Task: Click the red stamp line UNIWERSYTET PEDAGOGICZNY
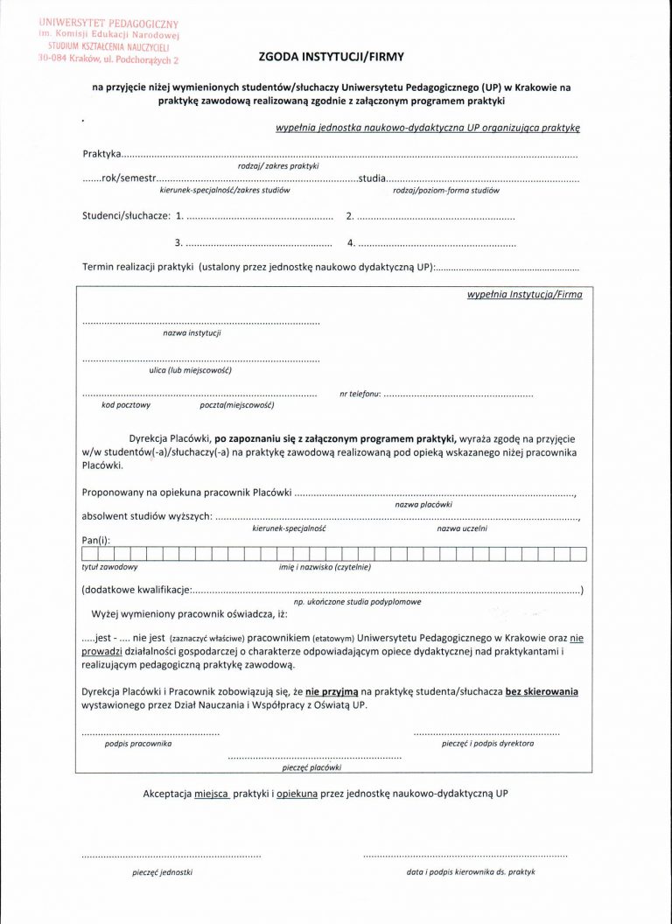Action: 103,17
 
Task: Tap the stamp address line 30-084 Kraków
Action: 104,61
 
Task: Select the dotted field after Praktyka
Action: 350,155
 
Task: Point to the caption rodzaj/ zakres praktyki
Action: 277,165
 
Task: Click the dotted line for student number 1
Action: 260,216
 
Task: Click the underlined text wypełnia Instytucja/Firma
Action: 524,296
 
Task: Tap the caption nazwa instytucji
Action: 192,333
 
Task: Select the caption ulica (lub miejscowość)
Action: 190,370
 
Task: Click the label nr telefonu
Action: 360,395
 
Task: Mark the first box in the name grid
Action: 89,553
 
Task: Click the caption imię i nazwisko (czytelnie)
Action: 325,568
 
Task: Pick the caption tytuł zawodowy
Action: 103,568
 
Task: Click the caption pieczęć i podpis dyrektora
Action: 488,743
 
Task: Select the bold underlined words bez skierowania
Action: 542,691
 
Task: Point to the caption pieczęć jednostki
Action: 163,872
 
